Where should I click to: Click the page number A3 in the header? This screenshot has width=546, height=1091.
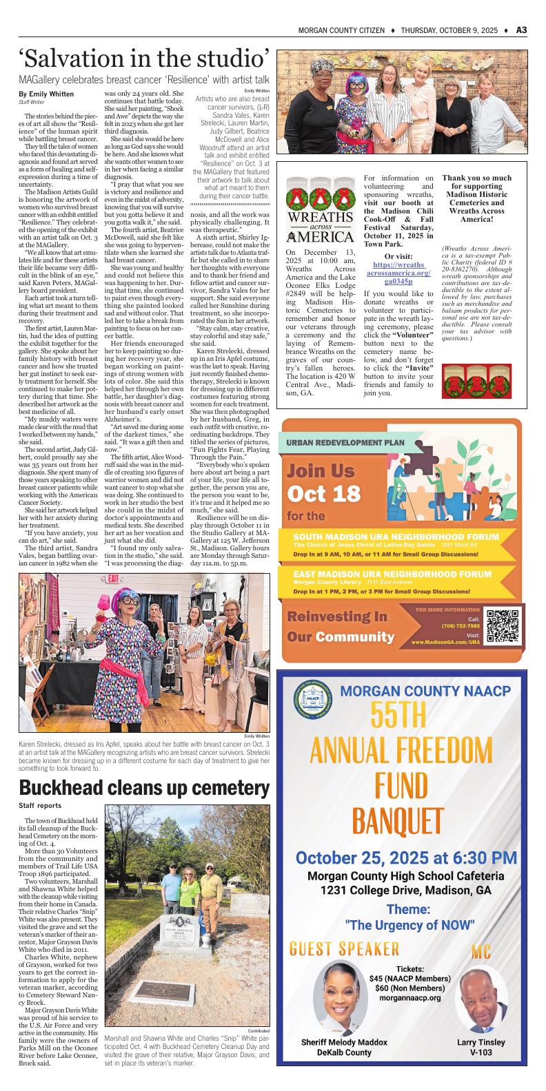coord(521,30)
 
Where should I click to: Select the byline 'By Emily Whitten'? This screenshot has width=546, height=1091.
coord(46,94)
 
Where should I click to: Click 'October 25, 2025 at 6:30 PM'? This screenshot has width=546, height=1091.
coord(405,858)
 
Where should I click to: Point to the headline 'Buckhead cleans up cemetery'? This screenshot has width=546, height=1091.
coord(144,787)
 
